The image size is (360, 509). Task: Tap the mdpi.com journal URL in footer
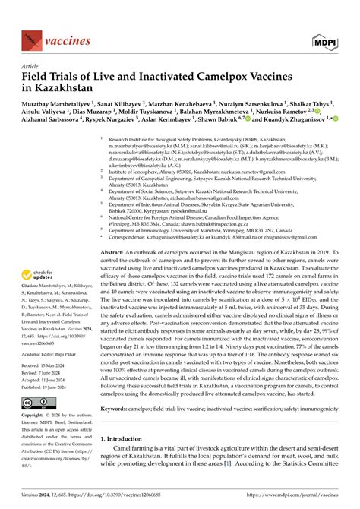pyautogui.click(x=300, y=496)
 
